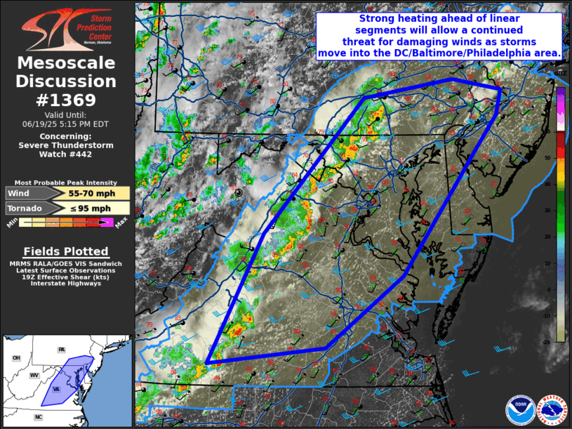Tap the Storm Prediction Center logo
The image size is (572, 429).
pyautogui.click(x=67, y=27)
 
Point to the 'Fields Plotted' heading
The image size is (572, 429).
pyautogui.click(x=66, y=251)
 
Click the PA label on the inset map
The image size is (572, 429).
pyautogui.click(x=61, y=349)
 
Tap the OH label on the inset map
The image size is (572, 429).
pyautogui.click(x=16, y=358)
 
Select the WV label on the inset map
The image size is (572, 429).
pyautogui.click(x=34, y=376)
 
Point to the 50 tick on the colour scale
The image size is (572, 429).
pyautogui.click(x=565, y=159)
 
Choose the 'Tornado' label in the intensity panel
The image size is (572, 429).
pyautogui.click(x=25, y=209)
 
